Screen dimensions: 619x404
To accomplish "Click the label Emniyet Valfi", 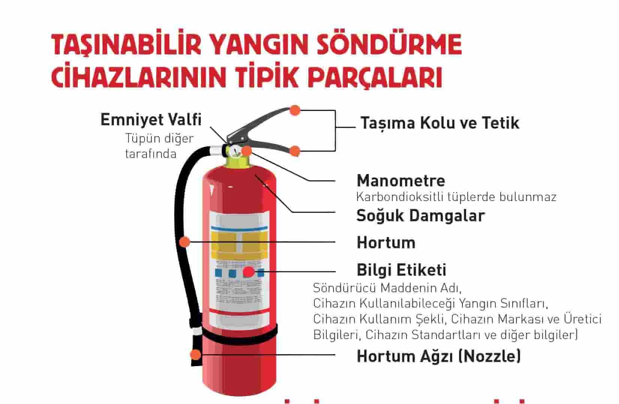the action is pos(151,120).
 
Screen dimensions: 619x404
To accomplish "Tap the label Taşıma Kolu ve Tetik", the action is pos(440,123).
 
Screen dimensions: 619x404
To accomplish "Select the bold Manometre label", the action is pos(401,181).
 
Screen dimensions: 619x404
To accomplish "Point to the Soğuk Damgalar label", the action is pos(420,216).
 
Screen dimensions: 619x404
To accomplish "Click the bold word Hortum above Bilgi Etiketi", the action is pos(386,243).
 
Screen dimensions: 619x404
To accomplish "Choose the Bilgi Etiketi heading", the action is pos(402,270).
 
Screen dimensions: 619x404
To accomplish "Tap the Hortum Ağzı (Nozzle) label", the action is pos(439,356).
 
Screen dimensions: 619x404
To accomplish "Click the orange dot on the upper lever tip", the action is pos(295,110).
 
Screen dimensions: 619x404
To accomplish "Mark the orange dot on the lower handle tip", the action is pos(295,151).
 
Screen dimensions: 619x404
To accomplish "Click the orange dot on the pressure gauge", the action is pos(247,151).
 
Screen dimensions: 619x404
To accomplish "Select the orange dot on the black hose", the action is pos(185,242).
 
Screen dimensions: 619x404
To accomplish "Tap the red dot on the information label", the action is pos(249,272).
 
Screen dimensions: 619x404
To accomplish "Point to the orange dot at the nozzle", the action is pos(196,354).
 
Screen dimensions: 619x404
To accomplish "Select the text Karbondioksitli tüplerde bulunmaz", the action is pos(456,197).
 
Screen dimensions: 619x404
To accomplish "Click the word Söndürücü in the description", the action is pos(344,288).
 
